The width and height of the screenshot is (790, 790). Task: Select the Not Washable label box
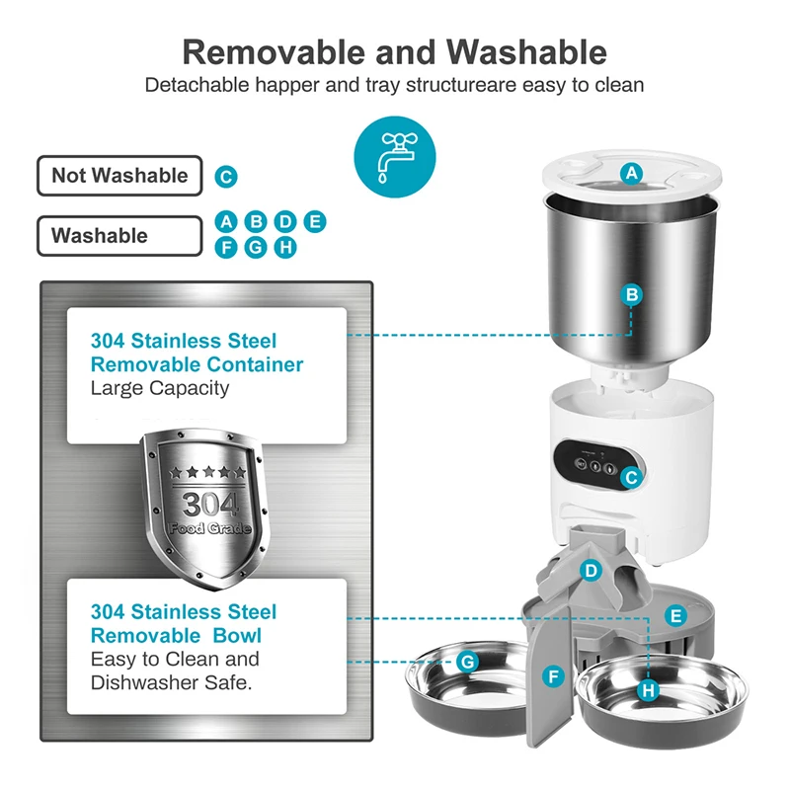(x=119, y=176)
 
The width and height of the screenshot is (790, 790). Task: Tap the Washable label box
(x=119, y=236)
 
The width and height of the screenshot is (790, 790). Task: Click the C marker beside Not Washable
(x=226, y=178)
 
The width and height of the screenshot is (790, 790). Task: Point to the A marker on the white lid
(x=632, y=174)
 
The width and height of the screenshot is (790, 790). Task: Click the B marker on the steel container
(x=632, y=294)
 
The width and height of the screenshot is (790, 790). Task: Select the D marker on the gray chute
(x=591, y=570)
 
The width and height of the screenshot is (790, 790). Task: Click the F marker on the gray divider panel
(x=554, y=676)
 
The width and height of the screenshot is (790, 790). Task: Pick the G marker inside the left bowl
(x=468, y=661)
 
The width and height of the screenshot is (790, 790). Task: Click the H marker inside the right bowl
(x=648, y=689)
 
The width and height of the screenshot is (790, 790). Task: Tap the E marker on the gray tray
(x=675, y=615)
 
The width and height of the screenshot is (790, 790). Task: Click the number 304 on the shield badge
(x=203, y=505)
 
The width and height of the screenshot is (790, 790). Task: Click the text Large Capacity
(x=160, y=388)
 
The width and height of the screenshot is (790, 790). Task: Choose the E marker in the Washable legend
(x=314, y=221)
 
